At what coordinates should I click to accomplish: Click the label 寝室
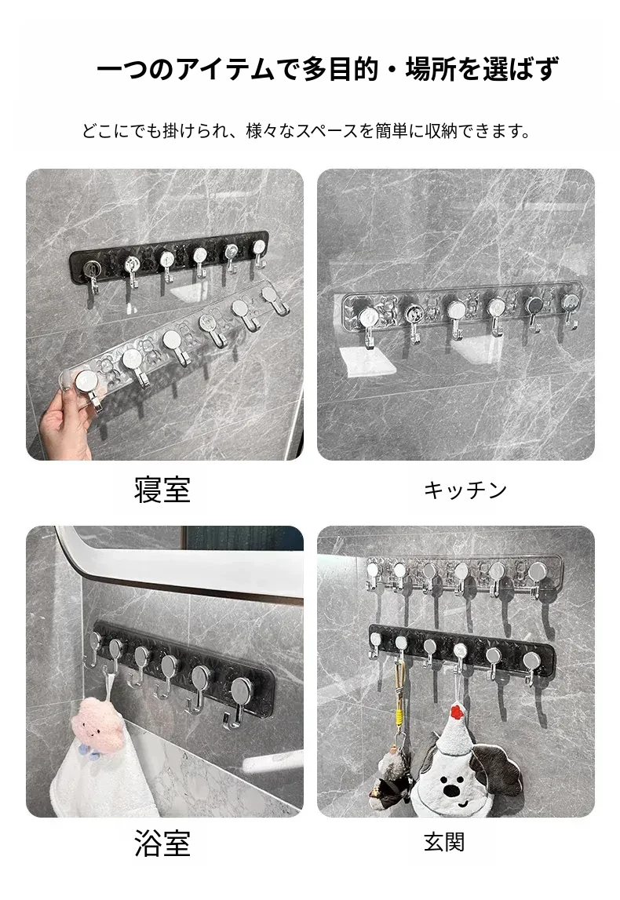coord(162,490)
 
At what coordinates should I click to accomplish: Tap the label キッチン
coord(465,490)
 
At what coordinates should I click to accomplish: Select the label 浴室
coord(162,843)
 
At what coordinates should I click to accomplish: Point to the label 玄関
coord(443,842)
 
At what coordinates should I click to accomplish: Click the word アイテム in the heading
coord(225,70)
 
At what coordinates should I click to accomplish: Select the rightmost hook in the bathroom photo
coord(239,699)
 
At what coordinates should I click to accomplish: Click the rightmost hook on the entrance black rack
coord(531,665)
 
